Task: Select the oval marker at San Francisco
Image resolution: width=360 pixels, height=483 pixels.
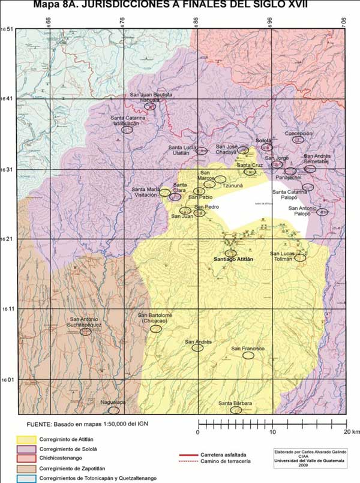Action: (x=248, y=355)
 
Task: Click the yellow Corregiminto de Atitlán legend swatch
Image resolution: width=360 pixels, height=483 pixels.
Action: (x=25, y=439)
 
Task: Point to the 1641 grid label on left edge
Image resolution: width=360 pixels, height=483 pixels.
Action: (x=7, y=99)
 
